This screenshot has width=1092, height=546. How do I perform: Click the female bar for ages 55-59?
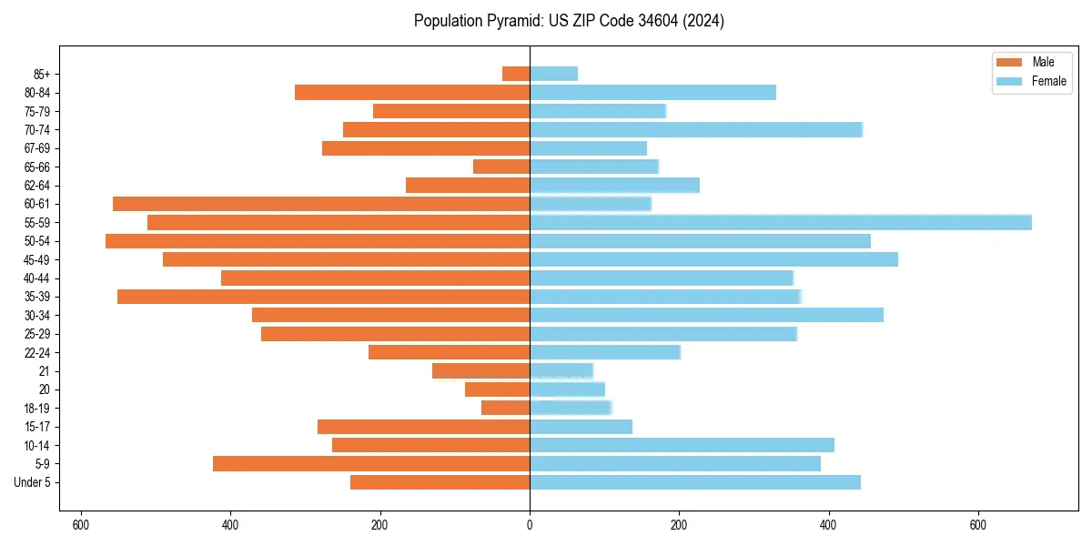coord(780,222)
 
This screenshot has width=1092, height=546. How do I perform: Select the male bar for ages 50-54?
coord(318,241)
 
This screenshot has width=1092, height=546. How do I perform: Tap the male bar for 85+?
coord(516,74)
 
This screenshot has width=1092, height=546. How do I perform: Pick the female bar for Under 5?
coord(694,482)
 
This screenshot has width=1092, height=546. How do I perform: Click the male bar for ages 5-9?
coord(371,463)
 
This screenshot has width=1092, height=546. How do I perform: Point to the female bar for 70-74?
coord(695,129)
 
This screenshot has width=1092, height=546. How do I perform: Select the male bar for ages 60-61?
coord(321,204)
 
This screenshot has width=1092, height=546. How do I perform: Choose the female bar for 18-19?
coord(571,408)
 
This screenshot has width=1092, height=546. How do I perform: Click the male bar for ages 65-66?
coord(501,167)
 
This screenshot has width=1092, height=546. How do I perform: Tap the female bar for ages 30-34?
coord(706,315)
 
